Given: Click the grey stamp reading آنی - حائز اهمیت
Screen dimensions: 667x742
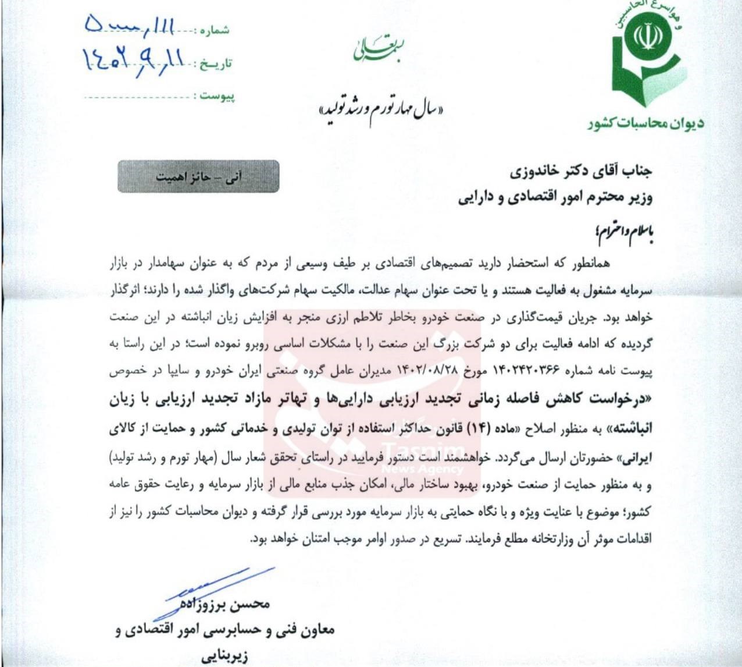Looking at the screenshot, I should (198, 176).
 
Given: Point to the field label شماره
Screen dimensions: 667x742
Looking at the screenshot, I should (215, 30).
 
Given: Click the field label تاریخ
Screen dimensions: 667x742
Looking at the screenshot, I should (216, 63).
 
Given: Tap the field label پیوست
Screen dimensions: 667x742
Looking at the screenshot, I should (217, 95).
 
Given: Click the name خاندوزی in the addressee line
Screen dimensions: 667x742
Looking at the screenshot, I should (536, 172).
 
